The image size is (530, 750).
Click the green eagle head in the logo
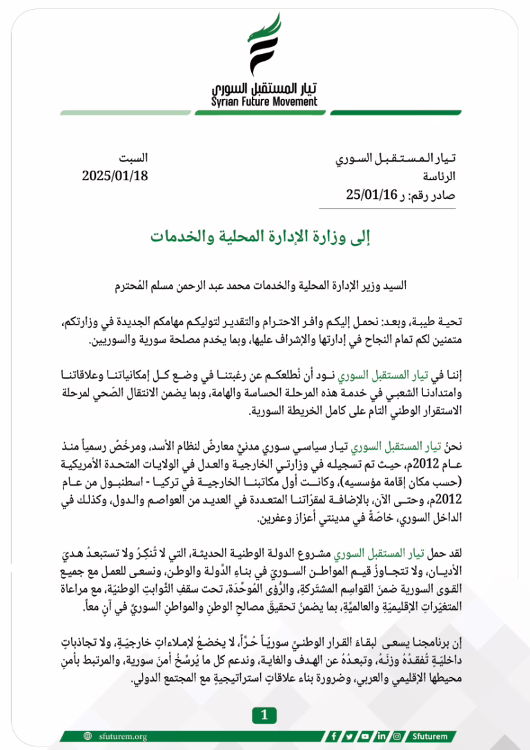click(x=274, y=26)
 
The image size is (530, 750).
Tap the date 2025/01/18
click(x=115, y=175)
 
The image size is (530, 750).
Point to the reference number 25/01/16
click(x=372, y=194)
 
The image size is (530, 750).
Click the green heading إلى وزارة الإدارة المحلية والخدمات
click(x=264, y=237)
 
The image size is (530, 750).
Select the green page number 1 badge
click(x=264, y=715)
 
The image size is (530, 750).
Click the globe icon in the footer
click(x=88, y=736)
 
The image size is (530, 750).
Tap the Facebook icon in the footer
click(x=334, y=736)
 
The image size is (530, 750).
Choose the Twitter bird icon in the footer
click(x=350, y=736)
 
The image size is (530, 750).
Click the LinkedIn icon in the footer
click(x=381, y=736)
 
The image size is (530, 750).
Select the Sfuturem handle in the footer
click(x=429, y=736)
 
